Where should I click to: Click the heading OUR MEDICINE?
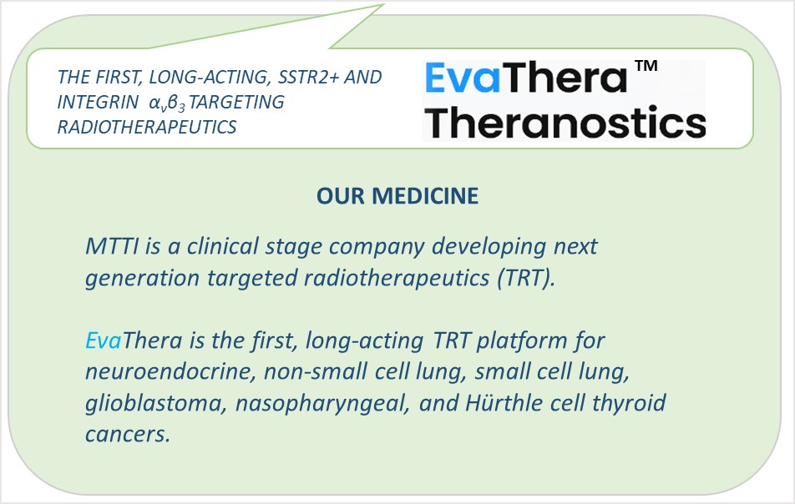[397, 196]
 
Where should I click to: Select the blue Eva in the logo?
[463, 78]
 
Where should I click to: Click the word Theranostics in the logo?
[565, 122]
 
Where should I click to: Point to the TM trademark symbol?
[646, 66]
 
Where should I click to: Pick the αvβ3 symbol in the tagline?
[167, 103]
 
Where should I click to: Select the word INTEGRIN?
[98, 102]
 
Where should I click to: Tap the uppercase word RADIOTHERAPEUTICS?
[147, 127]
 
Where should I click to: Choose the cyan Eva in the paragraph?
[104, 340]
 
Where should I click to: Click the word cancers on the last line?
[127, 435]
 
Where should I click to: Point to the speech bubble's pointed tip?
[384, 4]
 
